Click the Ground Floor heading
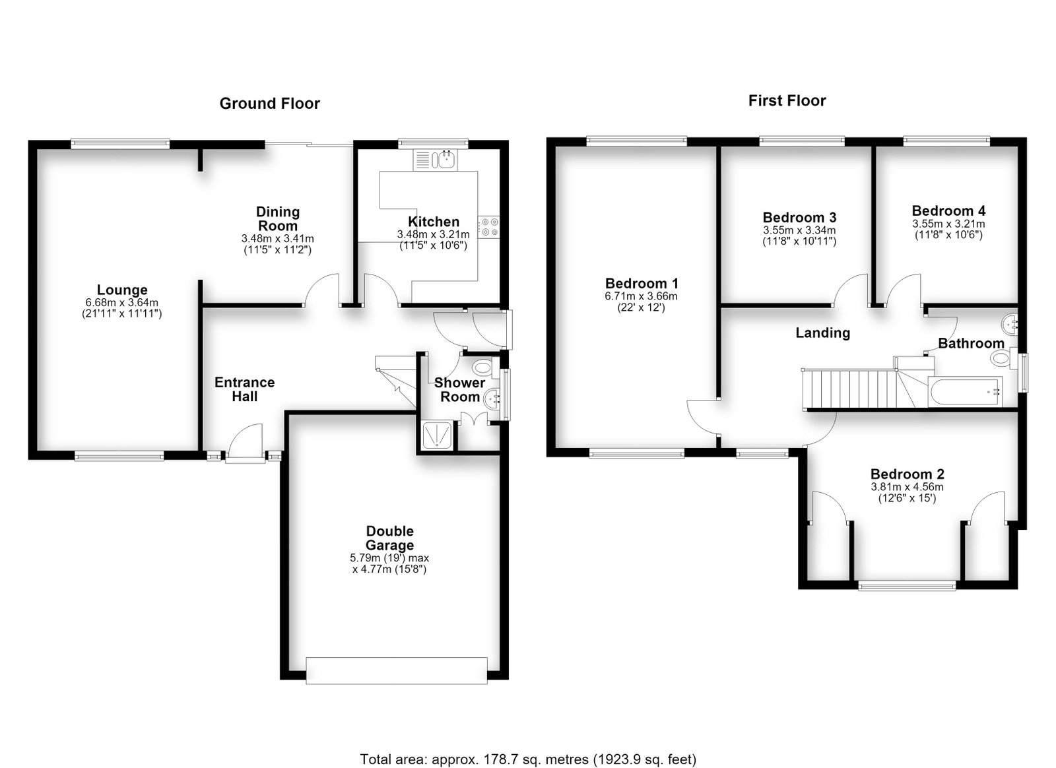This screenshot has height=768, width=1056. (270, 104)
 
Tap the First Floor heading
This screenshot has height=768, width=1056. (787, 101)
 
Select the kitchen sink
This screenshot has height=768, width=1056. (434, 159)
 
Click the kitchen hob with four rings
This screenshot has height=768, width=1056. (488, 226)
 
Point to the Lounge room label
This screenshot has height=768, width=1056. (122, 290)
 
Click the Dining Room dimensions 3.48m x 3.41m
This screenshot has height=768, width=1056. (278, 239)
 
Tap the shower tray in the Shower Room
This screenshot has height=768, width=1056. (436, 435)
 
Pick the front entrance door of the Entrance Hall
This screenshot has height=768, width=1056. (245, 442)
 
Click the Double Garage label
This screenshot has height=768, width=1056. (390, 538)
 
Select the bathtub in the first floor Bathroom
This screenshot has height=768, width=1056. (965, 391)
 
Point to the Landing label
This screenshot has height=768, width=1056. (822, 333)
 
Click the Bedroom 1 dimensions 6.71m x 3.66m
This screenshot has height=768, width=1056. (641, 296)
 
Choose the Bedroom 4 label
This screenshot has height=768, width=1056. (948, 210)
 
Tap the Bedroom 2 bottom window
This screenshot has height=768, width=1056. (907, 586)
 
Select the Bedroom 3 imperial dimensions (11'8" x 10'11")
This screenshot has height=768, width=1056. (799, 241)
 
